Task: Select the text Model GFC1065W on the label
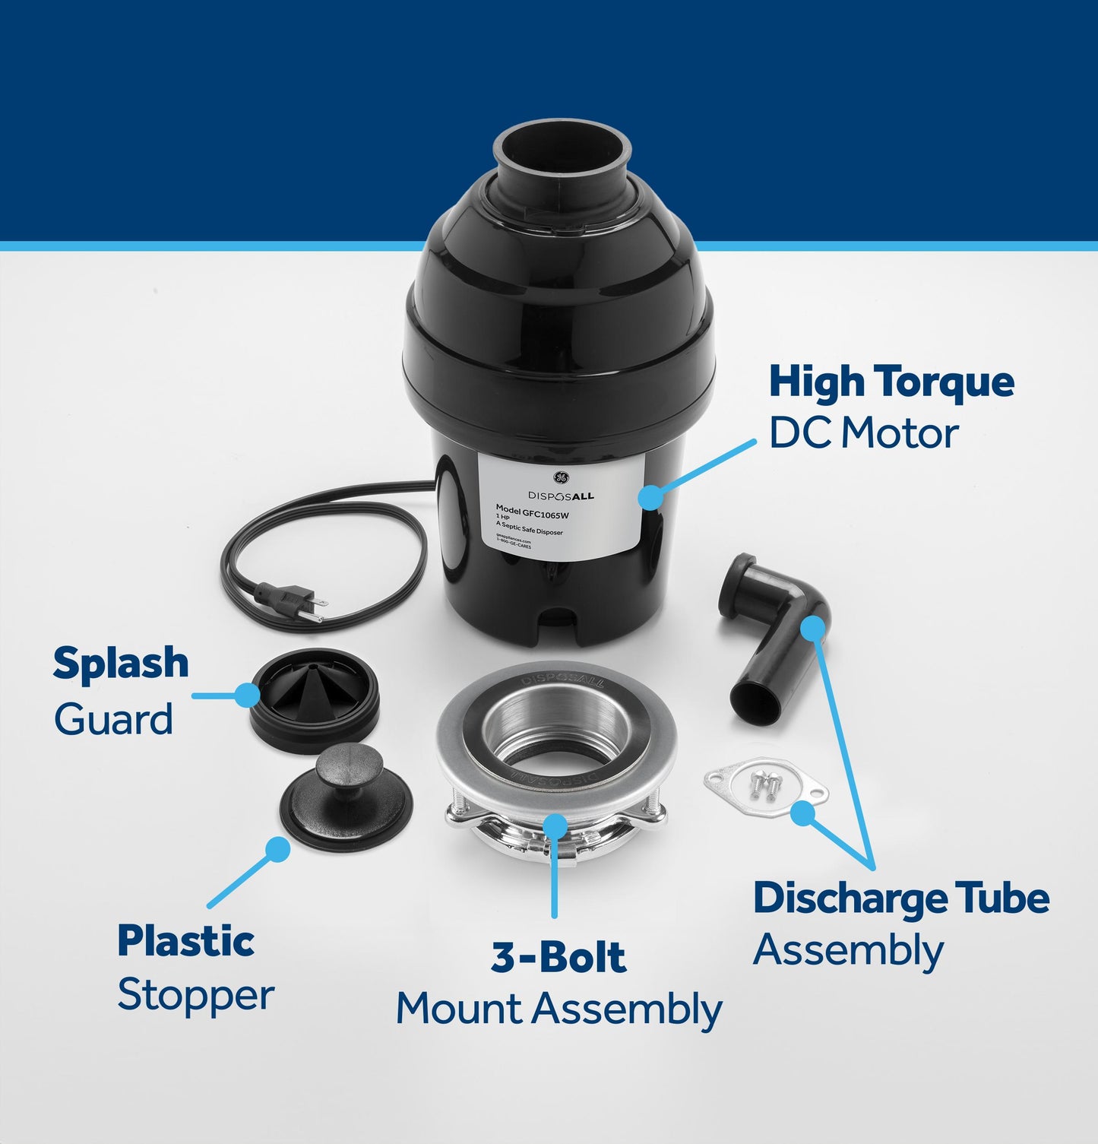532,511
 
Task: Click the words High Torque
891,382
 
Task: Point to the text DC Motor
863,433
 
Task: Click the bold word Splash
121,664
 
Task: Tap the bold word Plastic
186,941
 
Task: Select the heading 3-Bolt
558,957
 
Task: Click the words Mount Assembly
558,1009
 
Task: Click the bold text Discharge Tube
901,898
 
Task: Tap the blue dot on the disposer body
650,497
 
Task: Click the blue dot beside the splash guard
247,695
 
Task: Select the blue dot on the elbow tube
812,628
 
